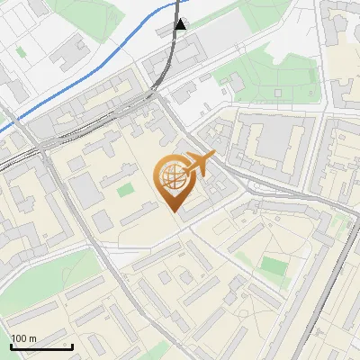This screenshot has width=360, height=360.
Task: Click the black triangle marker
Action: [182, 25]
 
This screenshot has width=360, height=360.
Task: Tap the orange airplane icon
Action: [201, 164]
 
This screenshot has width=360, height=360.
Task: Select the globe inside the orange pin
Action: [173, 176]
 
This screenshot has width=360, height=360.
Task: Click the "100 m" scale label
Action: [24, 338]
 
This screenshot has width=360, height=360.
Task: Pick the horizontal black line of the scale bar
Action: [41, 346]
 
